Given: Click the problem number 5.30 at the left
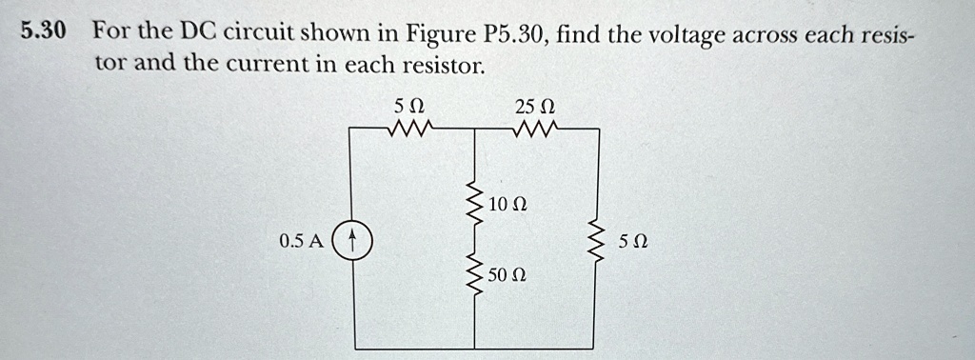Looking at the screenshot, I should (x=43, y=30).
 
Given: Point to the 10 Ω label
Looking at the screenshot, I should (x=506, y=205).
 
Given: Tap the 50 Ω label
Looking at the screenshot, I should (x=506, y=276).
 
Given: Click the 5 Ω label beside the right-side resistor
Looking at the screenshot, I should (x=630, y=242).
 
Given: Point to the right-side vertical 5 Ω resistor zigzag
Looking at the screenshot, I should (x=599, y=242).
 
